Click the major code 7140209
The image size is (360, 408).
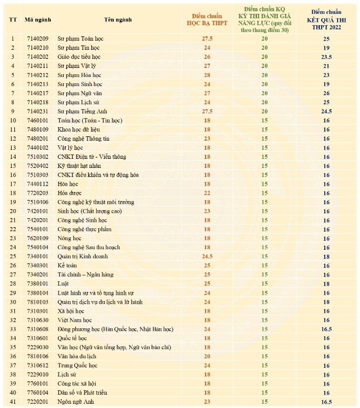37,39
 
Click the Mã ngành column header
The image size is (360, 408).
37,20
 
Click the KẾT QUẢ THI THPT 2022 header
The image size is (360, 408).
326,20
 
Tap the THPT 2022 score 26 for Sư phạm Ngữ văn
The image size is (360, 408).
326,93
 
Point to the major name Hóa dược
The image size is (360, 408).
71,193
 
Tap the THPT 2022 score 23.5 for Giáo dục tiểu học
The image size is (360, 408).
326,57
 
